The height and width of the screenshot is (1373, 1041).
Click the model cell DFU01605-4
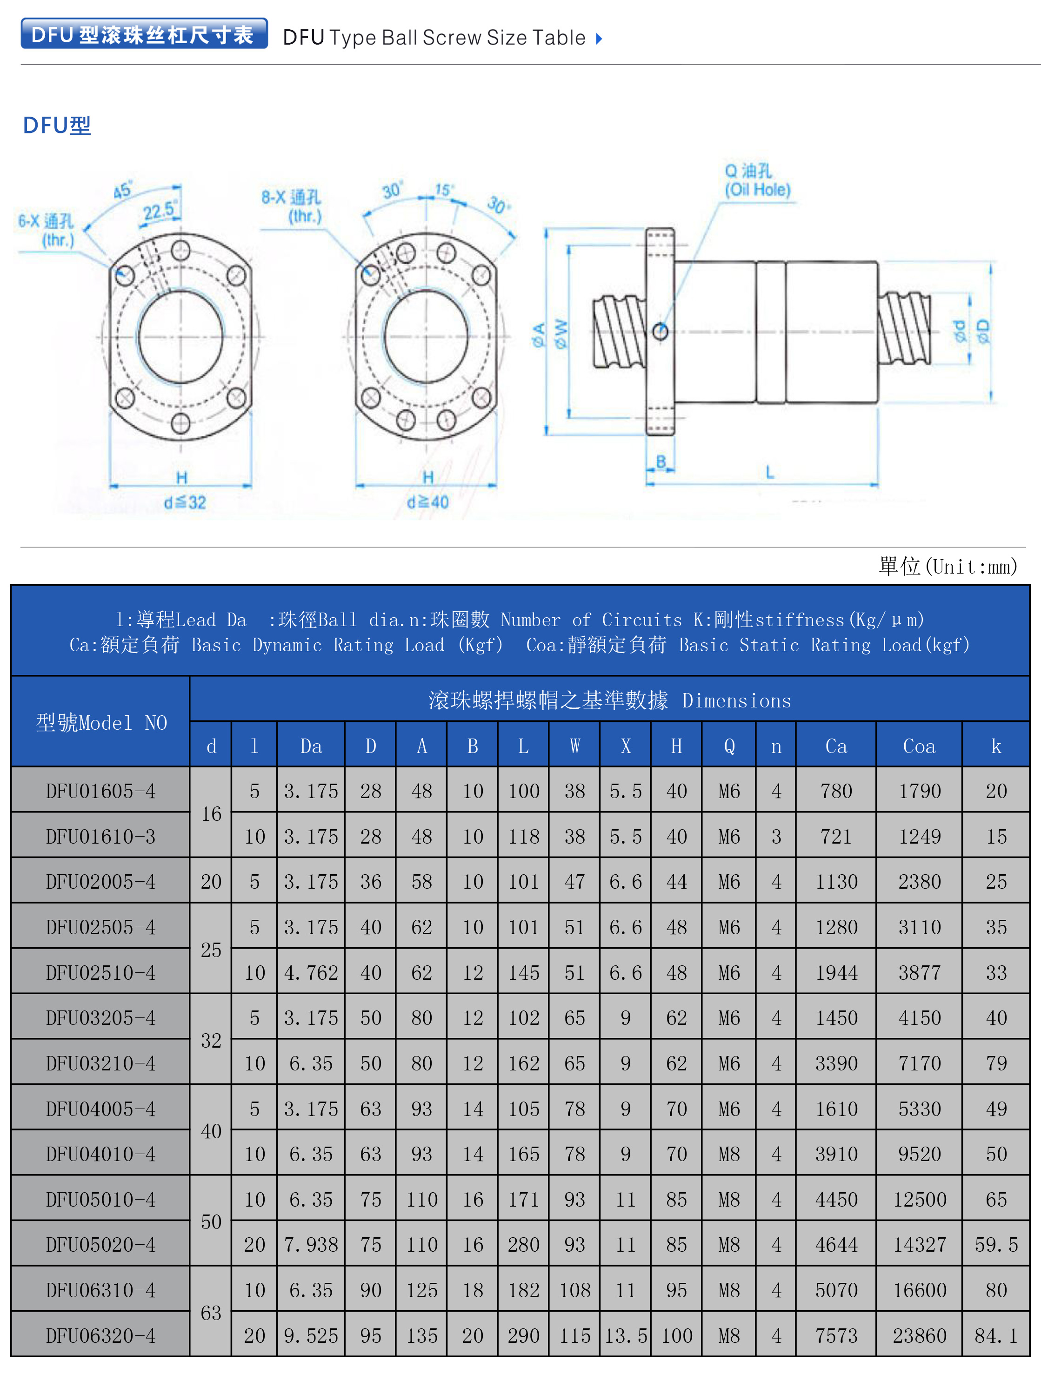(x=100, y=791)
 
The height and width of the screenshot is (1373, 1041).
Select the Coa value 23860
(x=919, y=1335)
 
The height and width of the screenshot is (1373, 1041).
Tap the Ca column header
(x=836, y=746)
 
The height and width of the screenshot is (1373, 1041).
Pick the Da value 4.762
(x=311, y=973)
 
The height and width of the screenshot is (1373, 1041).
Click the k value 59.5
(x=996, y=1245)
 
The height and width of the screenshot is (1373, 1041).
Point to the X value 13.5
(x=626, y=1335)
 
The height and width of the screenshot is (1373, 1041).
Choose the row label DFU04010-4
(x=100, y=1154)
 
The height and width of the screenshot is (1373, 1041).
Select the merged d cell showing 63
(x=211, y=1312)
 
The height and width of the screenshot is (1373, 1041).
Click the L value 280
(x=524, y=1245)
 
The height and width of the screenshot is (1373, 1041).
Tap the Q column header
(x=729, y=746)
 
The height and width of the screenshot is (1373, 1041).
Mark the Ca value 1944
(x=836, y=973)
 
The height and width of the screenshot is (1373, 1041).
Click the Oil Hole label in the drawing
(x=757, y=189)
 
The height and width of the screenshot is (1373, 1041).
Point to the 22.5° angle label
(x=160, y=211)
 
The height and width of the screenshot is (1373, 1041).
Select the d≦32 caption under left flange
(x=185, y=502)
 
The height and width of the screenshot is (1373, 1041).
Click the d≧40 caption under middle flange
(x=427, y=502)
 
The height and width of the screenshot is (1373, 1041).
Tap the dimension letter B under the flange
(x=661, y=461)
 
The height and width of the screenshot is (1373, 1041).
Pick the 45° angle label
(x=122, y=191)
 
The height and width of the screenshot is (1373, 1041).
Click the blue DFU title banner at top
(x=144, y=34)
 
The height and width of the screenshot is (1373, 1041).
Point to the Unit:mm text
(x=948, y=566)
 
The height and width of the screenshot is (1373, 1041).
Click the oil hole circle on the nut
(x=660, y=331)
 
